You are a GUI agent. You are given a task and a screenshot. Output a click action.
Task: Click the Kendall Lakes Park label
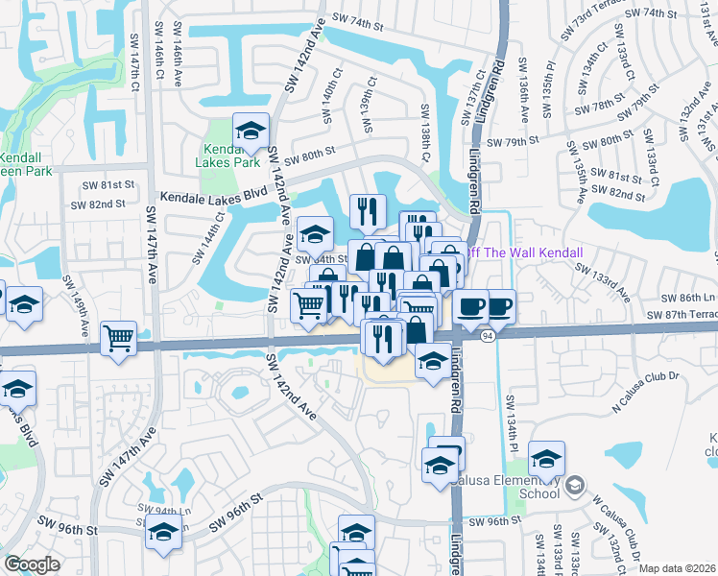point(232,156)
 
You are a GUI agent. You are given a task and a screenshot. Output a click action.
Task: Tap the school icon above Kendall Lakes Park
point(251,130)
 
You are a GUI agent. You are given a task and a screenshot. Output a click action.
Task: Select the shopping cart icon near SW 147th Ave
point(118,337)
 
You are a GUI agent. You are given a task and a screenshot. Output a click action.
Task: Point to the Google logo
point(32,564)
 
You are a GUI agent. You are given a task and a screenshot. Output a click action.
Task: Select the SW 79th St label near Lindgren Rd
point(513,142)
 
